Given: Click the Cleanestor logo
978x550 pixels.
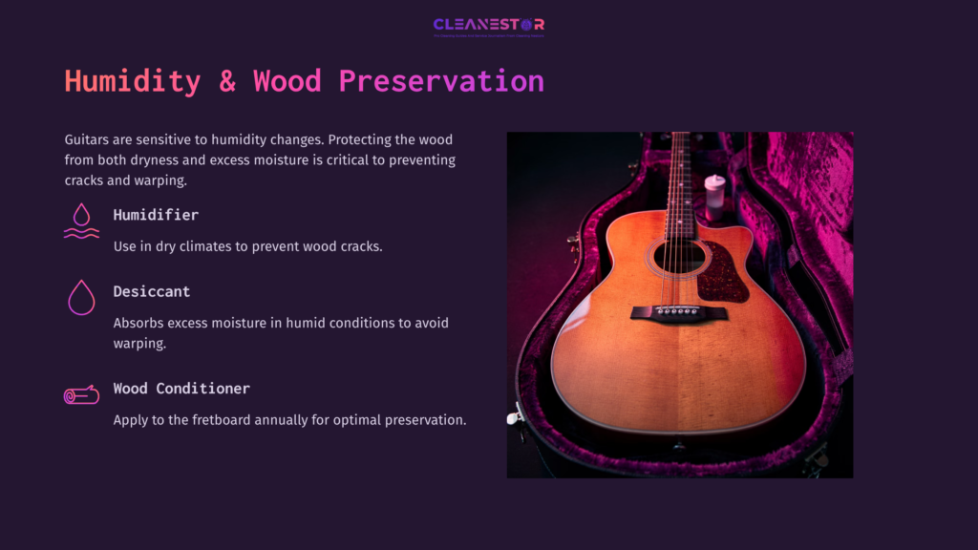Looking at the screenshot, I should click(x=488, y=26).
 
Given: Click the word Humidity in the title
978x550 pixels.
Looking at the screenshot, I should click(x=132, y=81).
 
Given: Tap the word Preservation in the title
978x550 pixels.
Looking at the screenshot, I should click(x=440, y=81).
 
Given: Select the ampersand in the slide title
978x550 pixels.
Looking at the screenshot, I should click(x=227, y=81).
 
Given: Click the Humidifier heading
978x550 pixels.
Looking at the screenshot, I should click(x=156, y=215).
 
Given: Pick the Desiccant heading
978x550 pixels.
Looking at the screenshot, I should click(x=151, y=291).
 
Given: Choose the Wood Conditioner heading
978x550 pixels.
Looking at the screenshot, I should click(x=181, y=389).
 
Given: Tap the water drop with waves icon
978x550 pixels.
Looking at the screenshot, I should click(x=81, y=221).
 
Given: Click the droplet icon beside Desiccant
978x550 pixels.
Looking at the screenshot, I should click(x=81, y=297).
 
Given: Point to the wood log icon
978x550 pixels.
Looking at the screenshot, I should click(x=81, y=394).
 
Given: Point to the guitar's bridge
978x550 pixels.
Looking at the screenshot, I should click(x=678, y=312).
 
